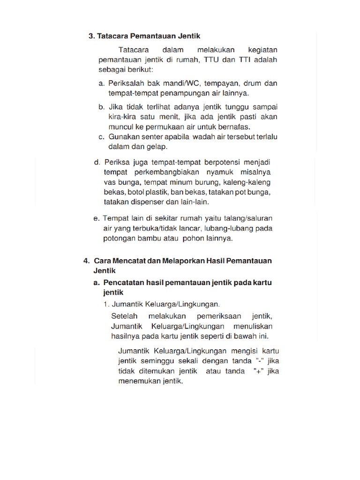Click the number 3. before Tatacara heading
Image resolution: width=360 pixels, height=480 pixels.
pos(91,36)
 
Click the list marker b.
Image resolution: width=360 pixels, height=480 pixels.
pos(101,107)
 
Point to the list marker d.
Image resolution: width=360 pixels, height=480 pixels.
pos(97,162)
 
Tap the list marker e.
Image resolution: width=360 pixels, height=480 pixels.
pos(97,218)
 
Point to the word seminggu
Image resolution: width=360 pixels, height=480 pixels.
pos(157,361)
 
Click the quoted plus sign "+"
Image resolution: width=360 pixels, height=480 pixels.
pos(257,371)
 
